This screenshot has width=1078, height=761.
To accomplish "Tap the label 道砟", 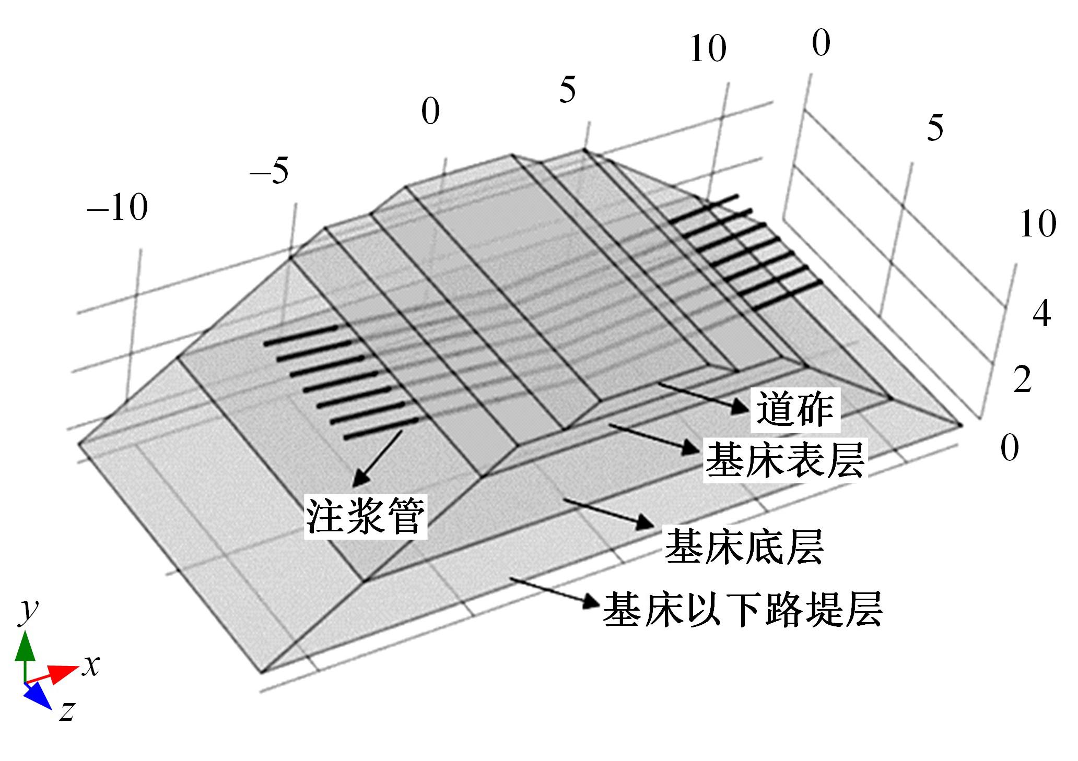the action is tap(795, 409).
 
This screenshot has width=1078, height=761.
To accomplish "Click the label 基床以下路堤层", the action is tap(743, 609).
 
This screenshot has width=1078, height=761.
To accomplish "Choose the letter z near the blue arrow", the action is tap(66, 710).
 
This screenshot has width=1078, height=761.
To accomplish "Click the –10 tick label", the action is tap(118, 207).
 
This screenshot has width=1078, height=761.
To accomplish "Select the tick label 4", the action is tap(1041, 313).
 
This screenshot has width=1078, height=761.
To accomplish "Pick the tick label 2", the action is tap(1023, 379).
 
